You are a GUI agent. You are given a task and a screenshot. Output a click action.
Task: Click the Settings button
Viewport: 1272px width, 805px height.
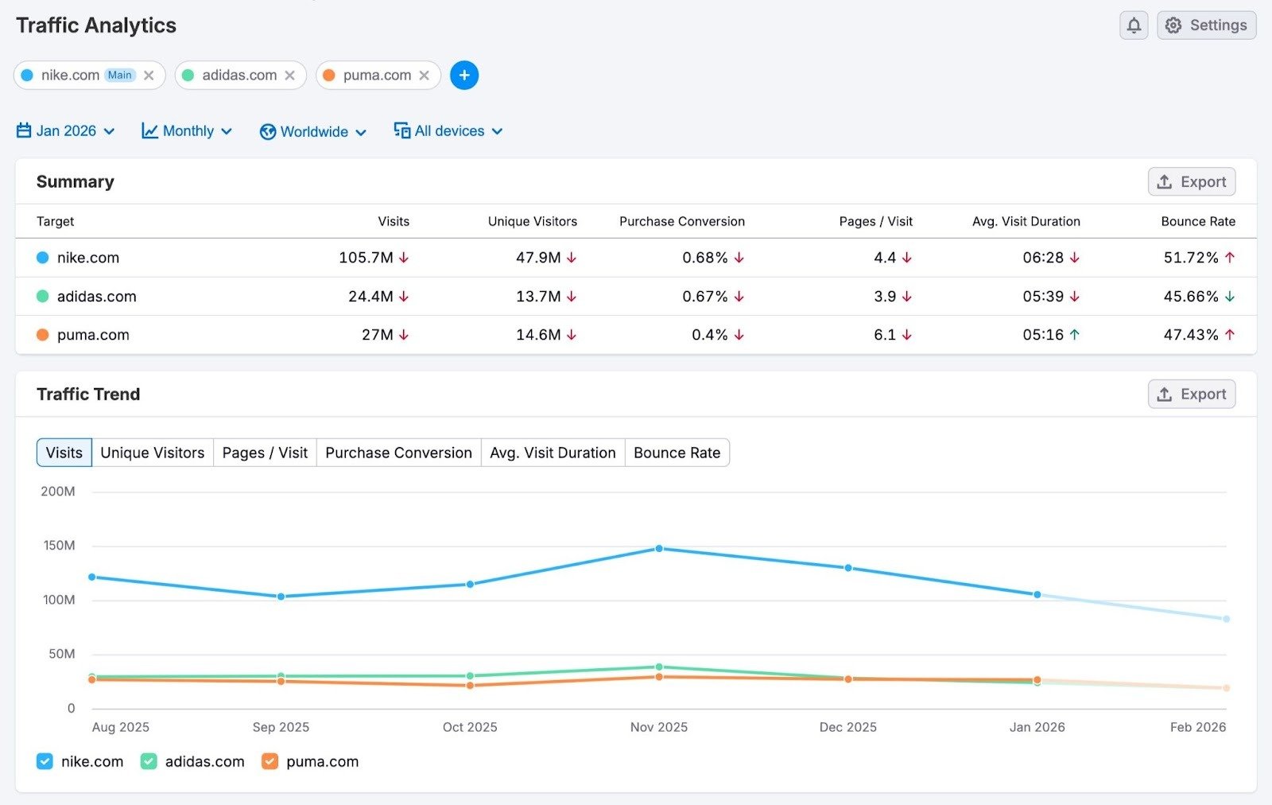[1206, 25]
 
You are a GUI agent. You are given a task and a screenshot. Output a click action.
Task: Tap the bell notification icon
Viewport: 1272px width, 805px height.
[1134, 25]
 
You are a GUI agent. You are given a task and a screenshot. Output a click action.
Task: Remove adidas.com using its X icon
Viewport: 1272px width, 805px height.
[290, 76]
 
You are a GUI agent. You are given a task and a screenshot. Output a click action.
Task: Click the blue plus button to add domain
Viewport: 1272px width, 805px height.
[464, 76]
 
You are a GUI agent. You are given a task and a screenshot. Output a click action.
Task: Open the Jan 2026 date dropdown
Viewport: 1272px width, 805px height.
[66, 131]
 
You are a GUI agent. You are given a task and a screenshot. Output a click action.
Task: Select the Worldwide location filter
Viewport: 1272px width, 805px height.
[313, 132]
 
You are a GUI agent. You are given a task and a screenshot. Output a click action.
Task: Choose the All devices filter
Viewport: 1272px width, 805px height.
[448, 131]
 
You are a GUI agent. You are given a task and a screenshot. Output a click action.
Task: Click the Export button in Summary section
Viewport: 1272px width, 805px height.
[1191, 182]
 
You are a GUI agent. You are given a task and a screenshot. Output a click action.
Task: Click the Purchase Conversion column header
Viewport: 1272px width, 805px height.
[681, 221]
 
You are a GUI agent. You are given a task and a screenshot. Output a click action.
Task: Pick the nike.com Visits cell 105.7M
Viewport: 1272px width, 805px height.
[366, 258]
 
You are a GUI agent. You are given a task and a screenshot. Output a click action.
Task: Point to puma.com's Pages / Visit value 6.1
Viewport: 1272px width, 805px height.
[884, 335]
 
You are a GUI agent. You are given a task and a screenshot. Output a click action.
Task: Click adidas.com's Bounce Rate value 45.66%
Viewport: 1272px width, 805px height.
[1190, 297]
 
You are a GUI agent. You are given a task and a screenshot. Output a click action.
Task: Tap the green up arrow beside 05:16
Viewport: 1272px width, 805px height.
[1075, 335]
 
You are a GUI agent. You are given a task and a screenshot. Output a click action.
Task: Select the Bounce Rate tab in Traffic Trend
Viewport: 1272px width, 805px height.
[677, 453]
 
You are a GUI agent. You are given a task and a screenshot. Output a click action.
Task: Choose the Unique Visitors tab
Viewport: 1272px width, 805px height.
[152, 453]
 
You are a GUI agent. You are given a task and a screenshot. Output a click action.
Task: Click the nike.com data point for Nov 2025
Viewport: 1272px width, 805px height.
[659, 549]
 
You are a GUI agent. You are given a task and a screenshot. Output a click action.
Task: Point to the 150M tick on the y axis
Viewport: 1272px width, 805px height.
[59, 546]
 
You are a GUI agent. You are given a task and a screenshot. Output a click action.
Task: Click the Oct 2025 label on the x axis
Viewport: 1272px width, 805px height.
[470, 727]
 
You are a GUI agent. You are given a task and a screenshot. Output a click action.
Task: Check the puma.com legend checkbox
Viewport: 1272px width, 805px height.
[270, 761]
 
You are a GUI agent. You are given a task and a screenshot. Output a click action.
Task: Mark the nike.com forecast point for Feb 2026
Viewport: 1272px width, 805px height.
[1226, 619]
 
